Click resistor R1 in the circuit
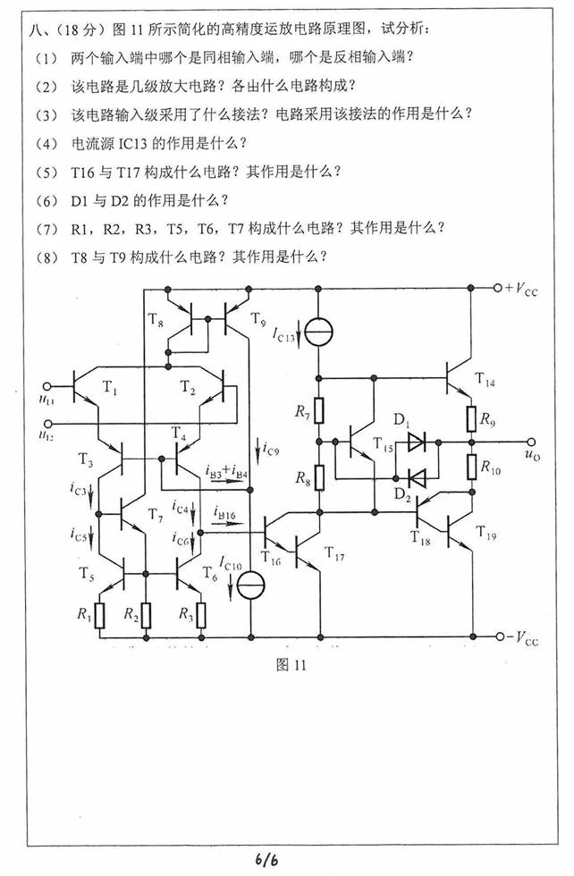[100, 615]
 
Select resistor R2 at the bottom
[146, 615]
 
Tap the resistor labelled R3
[201, 615]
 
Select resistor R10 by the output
[469, 466]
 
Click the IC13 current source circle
[318, 333]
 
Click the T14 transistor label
[488, 382]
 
